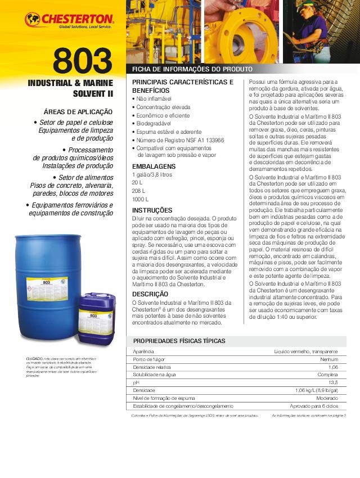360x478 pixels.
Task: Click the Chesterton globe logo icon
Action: point(33,20)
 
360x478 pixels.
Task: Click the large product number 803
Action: point(83,62)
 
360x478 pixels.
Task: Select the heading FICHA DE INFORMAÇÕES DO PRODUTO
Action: point(191,70)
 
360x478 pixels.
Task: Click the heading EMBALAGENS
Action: point(154,167)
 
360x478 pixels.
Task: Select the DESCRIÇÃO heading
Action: point(150,294)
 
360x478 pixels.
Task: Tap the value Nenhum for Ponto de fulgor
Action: point(329,359)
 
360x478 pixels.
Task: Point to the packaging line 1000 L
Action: point(141,199)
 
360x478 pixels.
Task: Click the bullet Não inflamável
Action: point(155,98)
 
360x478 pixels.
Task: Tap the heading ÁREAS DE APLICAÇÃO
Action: point(78,112)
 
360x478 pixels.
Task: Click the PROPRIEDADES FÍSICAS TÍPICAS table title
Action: point(179,341)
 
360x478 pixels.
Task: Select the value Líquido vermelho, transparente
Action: point(306,351)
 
